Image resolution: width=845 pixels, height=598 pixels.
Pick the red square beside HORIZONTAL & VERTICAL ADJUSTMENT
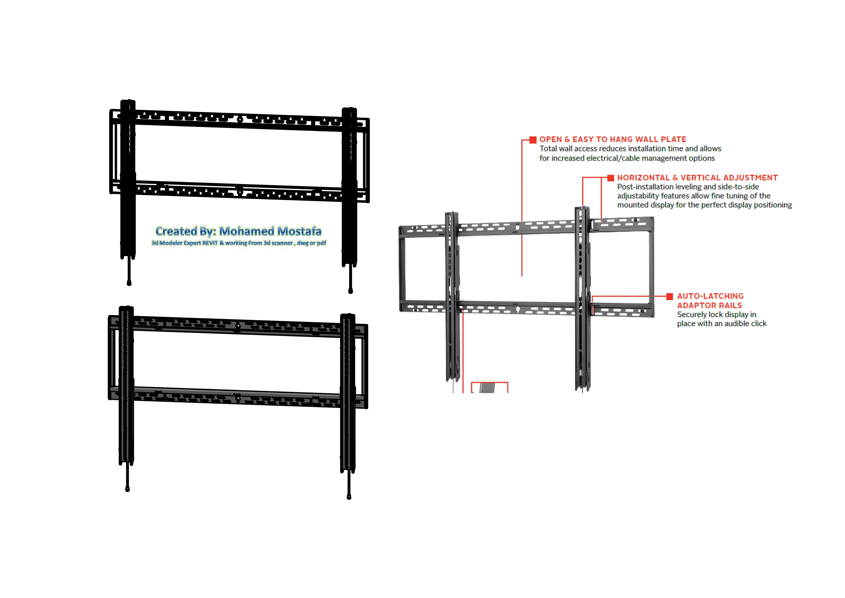(611, 178)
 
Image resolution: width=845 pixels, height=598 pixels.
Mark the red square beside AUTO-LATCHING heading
(669, 296)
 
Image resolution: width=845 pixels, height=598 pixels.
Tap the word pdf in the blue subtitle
(321, 243)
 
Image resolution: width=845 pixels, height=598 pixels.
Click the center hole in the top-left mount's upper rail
(240, 119)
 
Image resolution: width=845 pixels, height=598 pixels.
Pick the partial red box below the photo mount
(489, 387)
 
